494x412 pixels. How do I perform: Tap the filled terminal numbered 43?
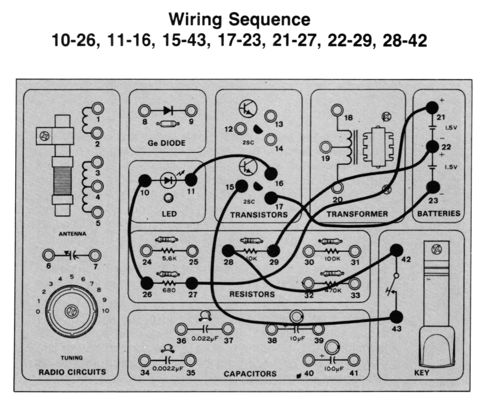(x=396, y=317)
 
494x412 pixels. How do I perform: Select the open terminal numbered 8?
(x=144, y=111)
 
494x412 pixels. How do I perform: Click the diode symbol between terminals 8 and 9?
(x=168, y=111)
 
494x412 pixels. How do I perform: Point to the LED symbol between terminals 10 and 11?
(x=169, y=180)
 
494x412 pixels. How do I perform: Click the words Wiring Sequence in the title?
(x=239, y=20)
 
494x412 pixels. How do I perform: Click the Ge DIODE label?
(x=167, y=143)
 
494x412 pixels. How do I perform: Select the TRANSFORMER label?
(x=357, y=215)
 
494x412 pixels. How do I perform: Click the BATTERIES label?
(x=439, y=214)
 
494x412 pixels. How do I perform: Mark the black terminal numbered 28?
(x=228, y=250)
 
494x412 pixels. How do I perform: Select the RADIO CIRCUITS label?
(x=72, y=372)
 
